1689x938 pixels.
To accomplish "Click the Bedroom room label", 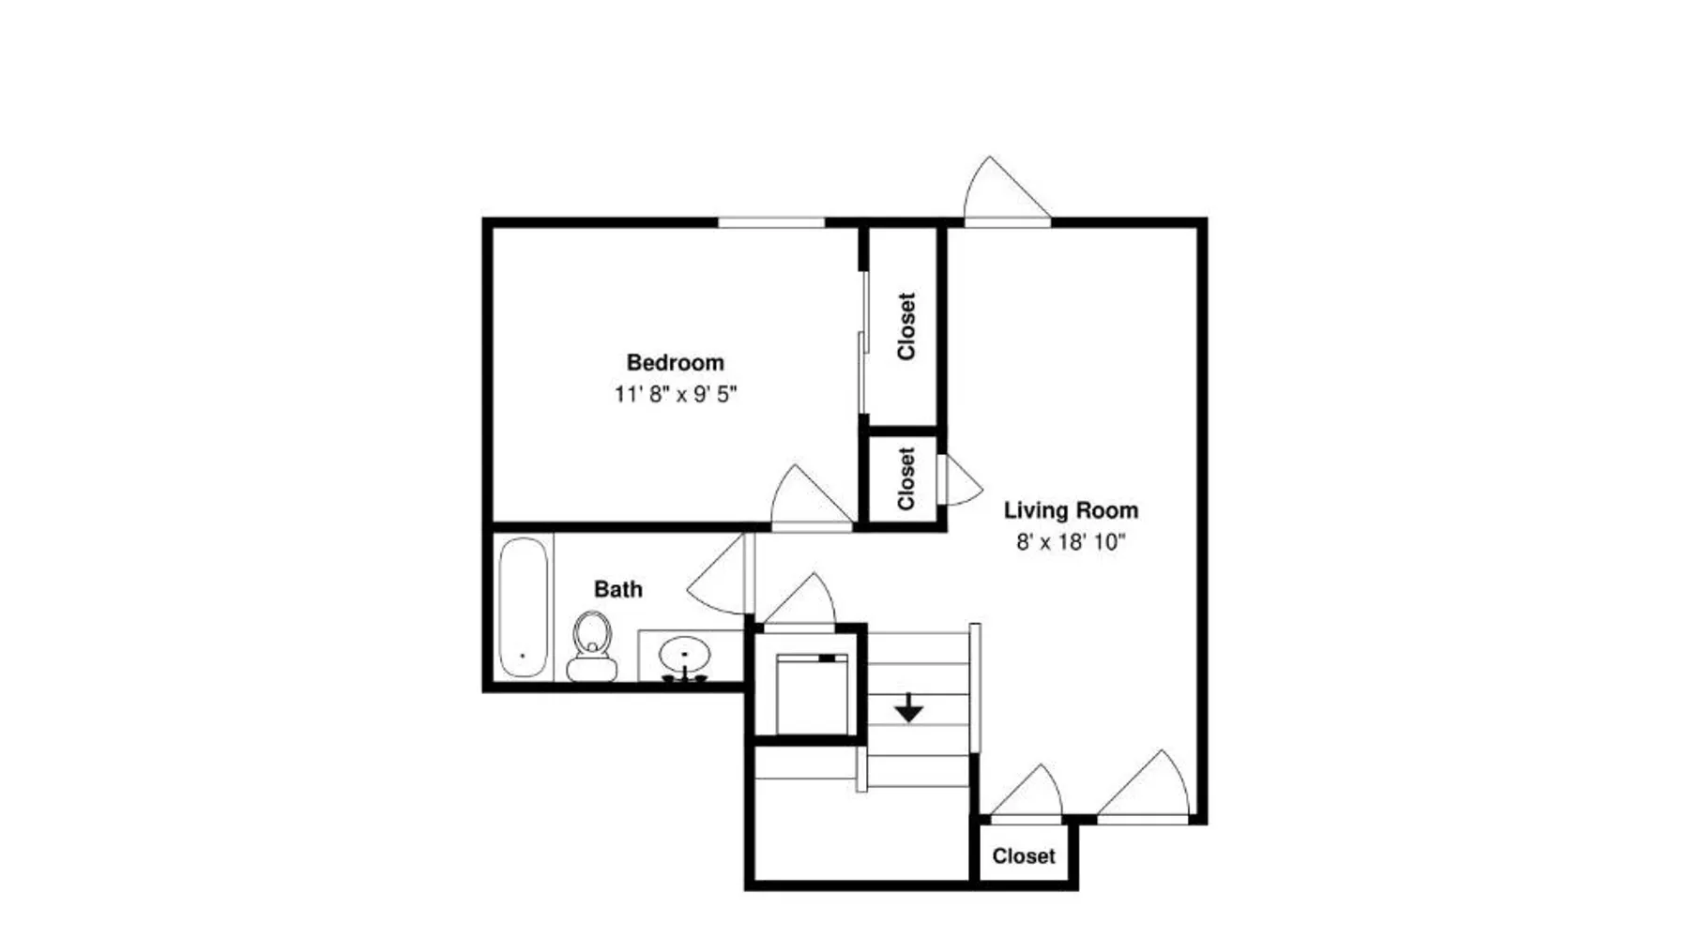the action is click(x=675, y=363).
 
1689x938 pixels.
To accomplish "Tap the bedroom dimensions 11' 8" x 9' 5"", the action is click(x=676, y=395).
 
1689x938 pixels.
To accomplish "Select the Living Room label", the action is click(x=1071, y=511).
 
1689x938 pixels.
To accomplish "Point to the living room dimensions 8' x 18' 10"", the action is click(x=1071, y=542).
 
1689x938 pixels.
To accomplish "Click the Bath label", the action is click(x=618, y=590).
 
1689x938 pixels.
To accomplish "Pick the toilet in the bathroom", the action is click(x=592, y=646).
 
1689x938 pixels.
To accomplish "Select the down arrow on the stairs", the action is click(x=908, y=707).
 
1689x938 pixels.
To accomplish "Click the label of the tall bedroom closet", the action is click(x=905, y=326).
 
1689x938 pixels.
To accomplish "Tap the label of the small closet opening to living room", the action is click(x=905, y=478).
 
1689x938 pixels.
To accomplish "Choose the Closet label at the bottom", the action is click(x=1024, y=856).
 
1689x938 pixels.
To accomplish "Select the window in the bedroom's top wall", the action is click(x=771, y=222).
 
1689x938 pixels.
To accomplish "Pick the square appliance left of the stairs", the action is click(x=813, y=695).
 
